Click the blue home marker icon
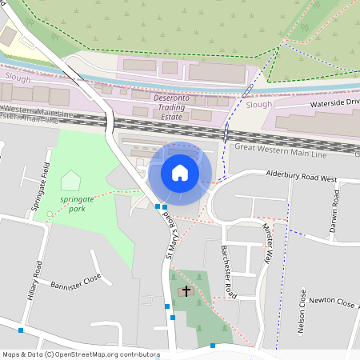pyautogui.click(x=180, y=172)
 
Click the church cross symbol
pyautogui.click(x=187, y=291)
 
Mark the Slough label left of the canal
pyautogui.click(x=18, y=78)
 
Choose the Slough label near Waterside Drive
pyautogui.click(x=259, y=104)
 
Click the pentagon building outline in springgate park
pyautogui.click(x=70, y=180)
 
